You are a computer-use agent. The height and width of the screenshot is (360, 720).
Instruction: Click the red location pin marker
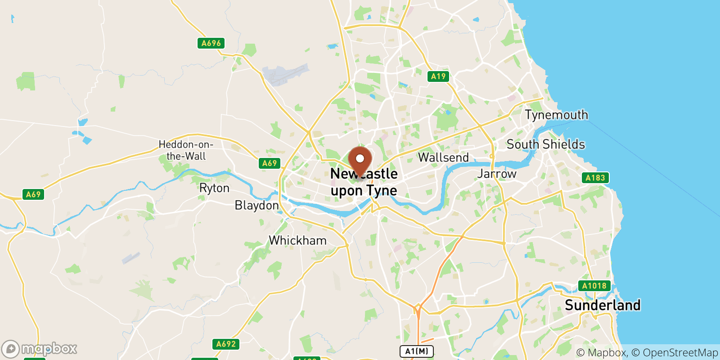tap(360, 160)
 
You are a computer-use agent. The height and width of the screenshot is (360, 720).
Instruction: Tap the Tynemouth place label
tap(556, 115)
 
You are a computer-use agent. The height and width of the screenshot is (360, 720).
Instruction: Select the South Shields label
tap(545, 144)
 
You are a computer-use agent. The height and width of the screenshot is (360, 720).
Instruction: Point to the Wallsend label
tap(443, 157)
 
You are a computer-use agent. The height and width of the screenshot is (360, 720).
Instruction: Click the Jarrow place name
tap(497, 174)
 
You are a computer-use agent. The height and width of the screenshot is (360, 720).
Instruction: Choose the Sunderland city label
tap(603, 305)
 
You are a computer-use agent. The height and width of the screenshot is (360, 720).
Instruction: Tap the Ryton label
tap(214, 188)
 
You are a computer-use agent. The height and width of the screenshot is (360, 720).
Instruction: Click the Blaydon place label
tap(256, 206)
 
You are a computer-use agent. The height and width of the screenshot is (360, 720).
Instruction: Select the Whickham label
tap(297, 240)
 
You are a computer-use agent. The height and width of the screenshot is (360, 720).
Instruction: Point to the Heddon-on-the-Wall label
tap(186, 150)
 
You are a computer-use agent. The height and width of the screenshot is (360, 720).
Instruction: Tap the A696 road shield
tap(211, 43)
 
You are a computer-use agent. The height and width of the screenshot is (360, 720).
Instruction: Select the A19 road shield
tap(438, 76)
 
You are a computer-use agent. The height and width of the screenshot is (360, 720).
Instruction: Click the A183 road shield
tap(595, 178)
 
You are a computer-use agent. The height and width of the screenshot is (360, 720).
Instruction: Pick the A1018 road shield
tap(594, 286)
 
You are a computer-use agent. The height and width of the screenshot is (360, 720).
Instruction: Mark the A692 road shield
tap(226, 344)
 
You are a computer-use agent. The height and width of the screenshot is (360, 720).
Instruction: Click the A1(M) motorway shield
tap(417, 351)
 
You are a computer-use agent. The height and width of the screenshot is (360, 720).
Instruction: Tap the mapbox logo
tap(40, 349)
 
